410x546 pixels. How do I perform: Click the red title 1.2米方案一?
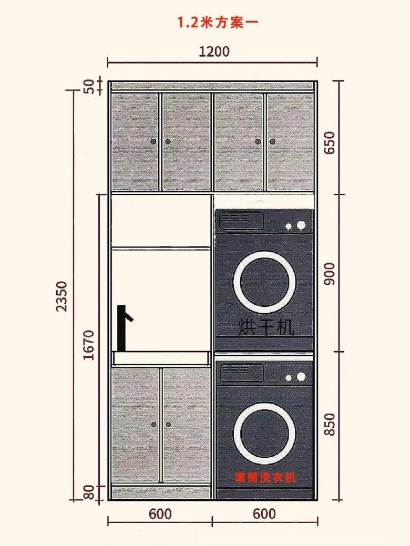218,23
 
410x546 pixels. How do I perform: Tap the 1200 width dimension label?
214,51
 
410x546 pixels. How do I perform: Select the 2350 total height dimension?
61,296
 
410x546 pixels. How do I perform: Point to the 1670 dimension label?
89,345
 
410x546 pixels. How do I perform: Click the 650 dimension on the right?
330,142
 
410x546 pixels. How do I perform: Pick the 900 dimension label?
330,274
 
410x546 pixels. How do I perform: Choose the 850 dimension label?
330,424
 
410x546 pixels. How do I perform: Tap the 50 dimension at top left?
89,86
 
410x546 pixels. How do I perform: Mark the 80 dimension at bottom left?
89,492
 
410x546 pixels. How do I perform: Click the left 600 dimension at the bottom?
160,514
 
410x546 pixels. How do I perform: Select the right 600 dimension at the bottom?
264,514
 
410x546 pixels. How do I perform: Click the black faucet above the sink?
124,328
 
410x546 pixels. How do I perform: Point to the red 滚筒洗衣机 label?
265,477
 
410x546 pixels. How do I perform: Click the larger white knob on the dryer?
301,225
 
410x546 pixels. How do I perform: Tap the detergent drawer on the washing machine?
241,372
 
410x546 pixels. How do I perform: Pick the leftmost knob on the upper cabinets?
153,142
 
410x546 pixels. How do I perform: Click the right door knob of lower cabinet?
169,425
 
